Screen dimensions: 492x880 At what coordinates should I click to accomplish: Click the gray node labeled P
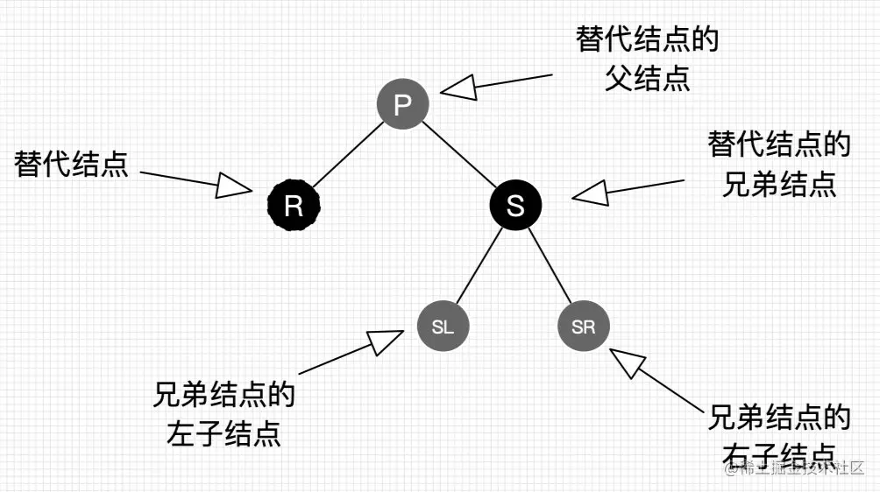point(402,104)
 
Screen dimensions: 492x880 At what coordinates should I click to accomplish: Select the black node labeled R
point(294,206)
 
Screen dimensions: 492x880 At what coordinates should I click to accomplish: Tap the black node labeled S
point(515,206)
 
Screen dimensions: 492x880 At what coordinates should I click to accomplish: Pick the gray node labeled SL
point(443,327)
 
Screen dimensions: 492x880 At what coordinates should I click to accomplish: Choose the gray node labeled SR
point(583,327)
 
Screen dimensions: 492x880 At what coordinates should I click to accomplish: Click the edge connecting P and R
point(348,155)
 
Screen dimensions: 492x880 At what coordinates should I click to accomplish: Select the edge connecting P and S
point(458,155)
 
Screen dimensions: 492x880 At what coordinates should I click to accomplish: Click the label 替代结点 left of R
point(72,164)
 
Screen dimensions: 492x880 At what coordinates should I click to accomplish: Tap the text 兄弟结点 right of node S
point(779,184)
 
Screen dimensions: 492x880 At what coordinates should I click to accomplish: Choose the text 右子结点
point(779,455)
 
